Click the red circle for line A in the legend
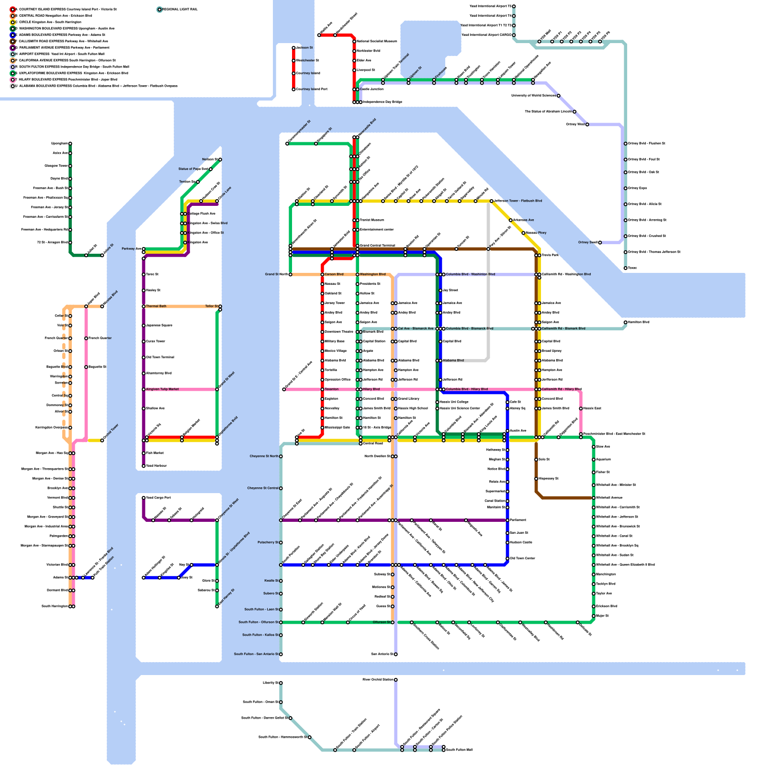pos(12,9)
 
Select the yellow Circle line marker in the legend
pos(12,22)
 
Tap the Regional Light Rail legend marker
pos(159,9)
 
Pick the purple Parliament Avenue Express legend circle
pos(12,48)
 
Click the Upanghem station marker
pos(70,144)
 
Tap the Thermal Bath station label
pos(156,306)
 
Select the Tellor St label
pos(211,306)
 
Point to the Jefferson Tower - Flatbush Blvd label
pos(518,201)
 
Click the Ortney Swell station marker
pos(600,243)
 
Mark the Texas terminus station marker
pos(625,268)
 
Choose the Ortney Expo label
pos(637,188)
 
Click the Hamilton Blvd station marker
pos(625,322)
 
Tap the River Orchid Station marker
pos(396,680)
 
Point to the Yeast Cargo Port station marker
pos(144,498)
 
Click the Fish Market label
pos(155,453)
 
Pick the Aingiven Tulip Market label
pos(162,389)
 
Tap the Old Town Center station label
pos(522,558)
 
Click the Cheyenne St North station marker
pos(281,456)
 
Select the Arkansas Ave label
pos(523,220)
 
